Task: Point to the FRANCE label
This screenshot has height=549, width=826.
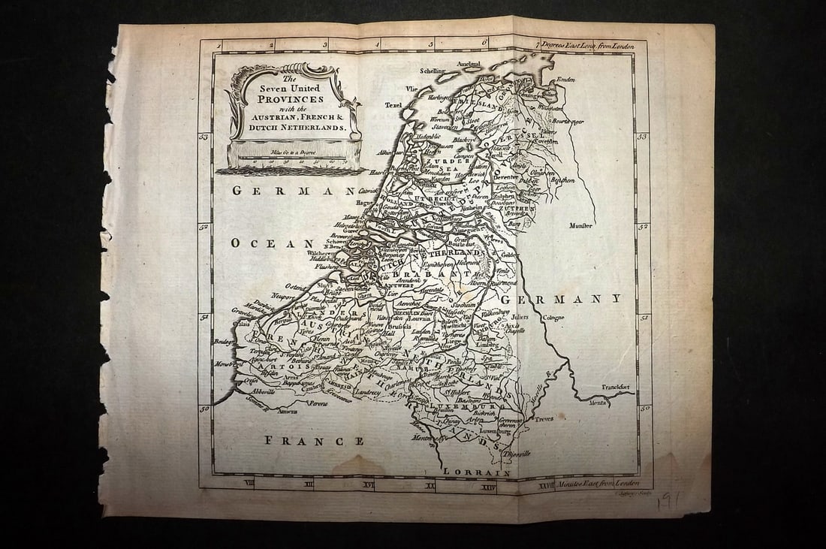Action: pyautogui.click(x=314, y=441)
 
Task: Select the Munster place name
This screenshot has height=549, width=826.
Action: pyautogui.click(x=581, y=225)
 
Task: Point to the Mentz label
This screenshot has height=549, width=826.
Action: pyautogui.click(x=597, y=403)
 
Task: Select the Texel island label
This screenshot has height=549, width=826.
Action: pyautogui.click(x=394, y=106)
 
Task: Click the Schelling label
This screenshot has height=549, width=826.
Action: pyautogui.click(x=433, y=71)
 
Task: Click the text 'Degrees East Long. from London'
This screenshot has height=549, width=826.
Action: pyautogui.click(x=587, y=45)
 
